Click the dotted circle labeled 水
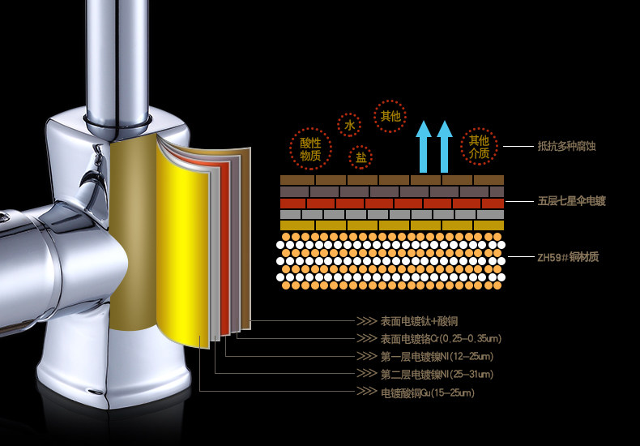(349, 126)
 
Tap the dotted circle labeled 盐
(361, 157)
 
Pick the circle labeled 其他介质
(479, 146)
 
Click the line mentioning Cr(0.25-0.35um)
(435, 339)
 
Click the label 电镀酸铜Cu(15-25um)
(427, 393)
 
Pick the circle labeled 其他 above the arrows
(390, 116)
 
